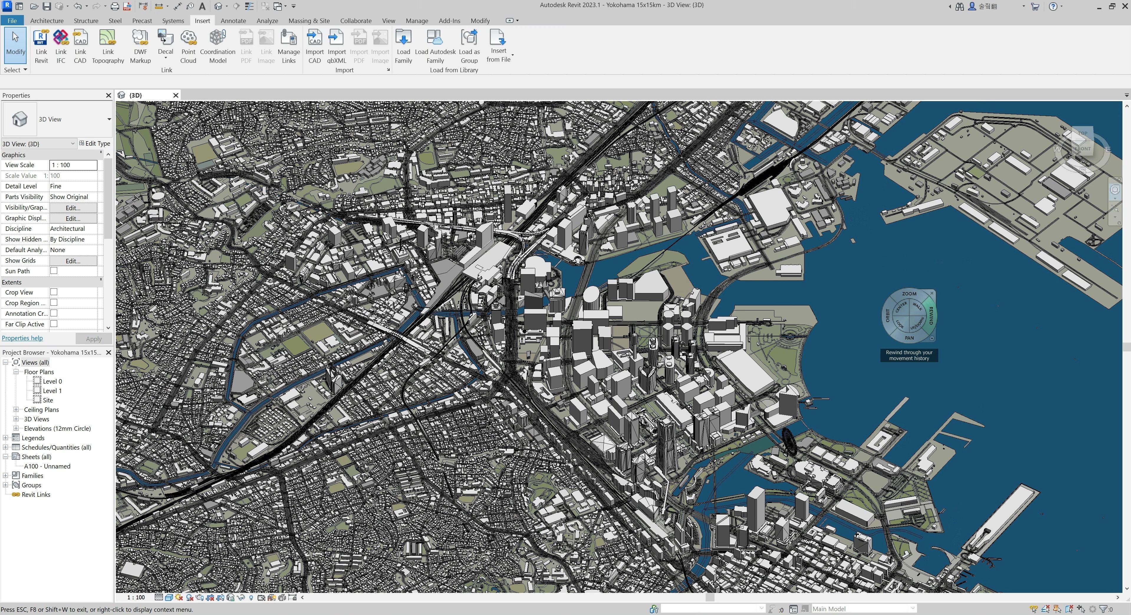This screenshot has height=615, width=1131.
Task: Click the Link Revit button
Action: [x=41, y=46]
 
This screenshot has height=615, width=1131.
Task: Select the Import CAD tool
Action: [x=314, y=46]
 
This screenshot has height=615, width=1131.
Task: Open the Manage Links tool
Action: [x=289, y=46]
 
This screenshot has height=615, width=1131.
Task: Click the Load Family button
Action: [x=403, y=46]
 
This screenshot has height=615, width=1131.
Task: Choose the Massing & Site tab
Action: [x=309, y=21]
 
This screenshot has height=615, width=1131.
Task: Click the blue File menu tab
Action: [x=12, y=21]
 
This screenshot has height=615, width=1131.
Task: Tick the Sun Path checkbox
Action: [x=54, y=271]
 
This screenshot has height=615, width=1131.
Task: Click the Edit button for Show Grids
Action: [x=73, y=261]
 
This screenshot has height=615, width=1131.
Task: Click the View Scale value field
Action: [x=73, y=165]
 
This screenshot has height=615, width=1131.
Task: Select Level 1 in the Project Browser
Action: [x=52, y=391]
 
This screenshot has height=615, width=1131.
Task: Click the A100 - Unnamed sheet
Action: [x=47, y=466]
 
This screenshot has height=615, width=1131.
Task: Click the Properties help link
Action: [x=22, y=338]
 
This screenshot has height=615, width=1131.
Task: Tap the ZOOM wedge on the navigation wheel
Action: [x=909, y=293]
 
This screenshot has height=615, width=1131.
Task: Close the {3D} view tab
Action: [x=176, y=95]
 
